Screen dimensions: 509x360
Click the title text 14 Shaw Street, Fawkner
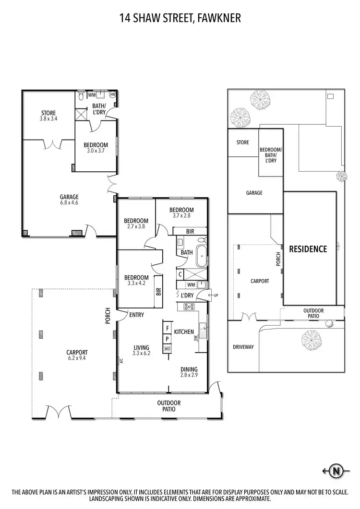[x=180, y=19]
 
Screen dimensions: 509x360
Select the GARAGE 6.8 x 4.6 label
[x=69, y=199]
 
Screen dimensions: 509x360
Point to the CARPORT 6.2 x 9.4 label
[x=77, y=355]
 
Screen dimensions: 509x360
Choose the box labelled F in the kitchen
[x=167, y=329]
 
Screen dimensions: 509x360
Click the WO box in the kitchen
[x=167, y=349]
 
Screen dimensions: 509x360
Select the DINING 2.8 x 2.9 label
[x=189, y=372]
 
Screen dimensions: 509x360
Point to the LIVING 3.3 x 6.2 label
[x=142, y=350]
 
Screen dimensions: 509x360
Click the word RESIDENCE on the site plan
[x=308, y=249]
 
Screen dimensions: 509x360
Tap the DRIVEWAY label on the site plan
[x=243, y=346]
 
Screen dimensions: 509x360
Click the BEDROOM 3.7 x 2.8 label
[x=181, y=213]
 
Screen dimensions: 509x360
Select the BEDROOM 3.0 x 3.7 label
[x=96, y=147]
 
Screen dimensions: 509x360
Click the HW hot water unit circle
[x=113, y=95]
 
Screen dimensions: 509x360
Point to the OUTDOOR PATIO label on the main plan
[x=168, y=406]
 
